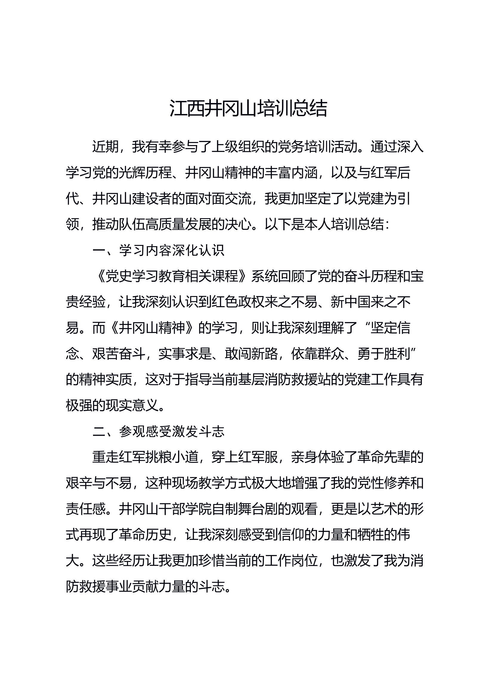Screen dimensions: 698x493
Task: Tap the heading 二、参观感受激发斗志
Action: (x=158, y=432)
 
